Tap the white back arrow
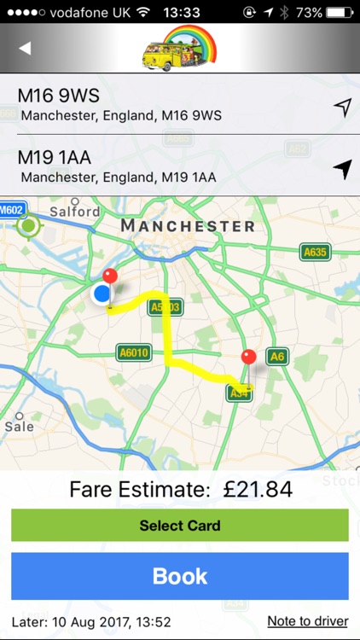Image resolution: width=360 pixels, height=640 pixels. (x=25, y=48)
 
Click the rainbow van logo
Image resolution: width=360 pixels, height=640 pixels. (x=179, y=48)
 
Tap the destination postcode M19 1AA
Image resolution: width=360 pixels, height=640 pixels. (x=55, y=158)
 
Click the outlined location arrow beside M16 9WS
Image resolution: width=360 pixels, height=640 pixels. (x=342, y=107)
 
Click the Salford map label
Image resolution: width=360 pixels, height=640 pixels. (x=75, y=211)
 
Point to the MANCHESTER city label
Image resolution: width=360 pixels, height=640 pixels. (x=188, y=226)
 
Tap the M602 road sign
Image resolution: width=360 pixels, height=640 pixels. (x=13, y=209)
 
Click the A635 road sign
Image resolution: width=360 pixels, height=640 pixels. (x=315, y=252)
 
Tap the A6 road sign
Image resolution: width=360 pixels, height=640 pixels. (x=276, y=357)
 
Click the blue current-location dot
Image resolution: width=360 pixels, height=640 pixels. (x=102, y=294)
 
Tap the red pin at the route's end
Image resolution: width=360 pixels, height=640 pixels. (x=248, y=358)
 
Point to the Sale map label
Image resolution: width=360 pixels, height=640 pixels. (x=19, y=426)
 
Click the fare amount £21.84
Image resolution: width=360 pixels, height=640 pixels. (x=258, y=489)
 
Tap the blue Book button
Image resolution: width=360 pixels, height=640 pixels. (x=180, y=576)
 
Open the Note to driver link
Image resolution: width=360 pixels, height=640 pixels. (x=307, y=621)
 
